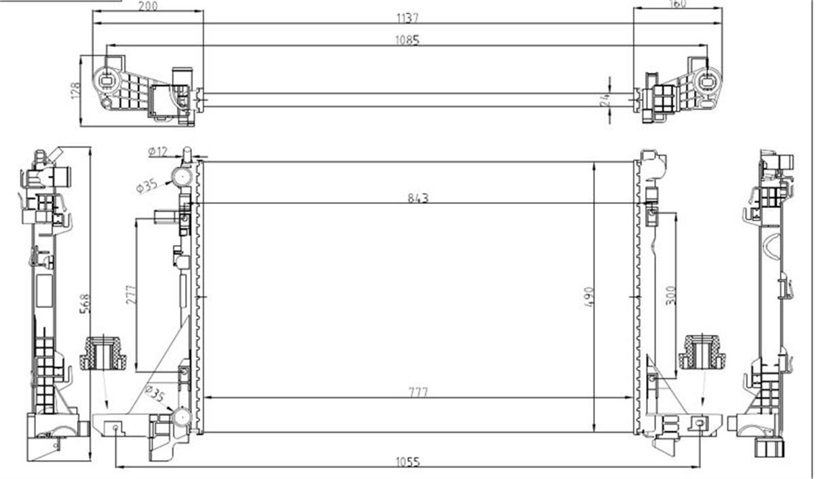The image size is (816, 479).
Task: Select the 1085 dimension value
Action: [407, 40]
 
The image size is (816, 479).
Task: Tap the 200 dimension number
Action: [148, 6]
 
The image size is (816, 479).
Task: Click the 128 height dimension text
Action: [75, 90]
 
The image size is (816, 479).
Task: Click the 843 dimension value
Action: [419, 198]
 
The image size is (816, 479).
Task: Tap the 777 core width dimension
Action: [419, 392]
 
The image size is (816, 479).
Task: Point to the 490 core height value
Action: [588, 298]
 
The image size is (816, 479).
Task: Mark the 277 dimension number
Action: [131, 294]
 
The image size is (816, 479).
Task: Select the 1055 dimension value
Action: [407, 461]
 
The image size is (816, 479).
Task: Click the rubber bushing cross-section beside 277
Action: [103, 353]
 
